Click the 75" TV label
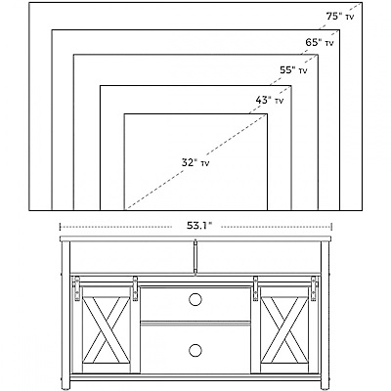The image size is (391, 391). tap(339, 17)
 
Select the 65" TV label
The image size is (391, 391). tap(320, 42)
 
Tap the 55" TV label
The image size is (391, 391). tap(293, 70)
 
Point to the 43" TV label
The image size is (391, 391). tap(269, 100)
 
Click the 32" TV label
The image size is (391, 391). tap(195, 162)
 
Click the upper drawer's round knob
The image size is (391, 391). tap(195, 299)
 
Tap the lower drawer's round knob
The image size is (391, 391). tap(195, 350)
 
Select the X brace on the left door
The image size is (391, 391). tap(106, 329)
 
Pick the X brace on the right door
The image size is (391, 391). tap(285, 329)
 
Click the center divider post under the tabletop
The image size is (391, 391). tap(195, 257)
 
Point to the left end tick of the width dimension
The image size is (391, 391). tap(60, 226)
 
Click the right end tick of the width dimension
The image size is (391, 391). tap(331, 226)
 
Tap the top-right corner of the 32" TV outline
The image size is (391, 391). tap(267, 114)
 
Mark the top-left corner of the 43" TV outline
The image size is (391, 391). tap(101, 86)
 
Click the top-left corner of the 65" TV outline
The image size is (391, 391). tap(52, 30)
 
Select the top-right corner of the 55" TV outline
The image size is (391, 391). tap(318, 55)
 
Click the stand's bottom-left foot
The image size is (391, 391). tap(65, 388)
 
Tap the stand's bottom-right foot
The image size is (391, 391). tap(325, 388)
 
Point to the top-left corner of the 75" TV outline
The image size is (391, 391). tap(29, 3)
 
